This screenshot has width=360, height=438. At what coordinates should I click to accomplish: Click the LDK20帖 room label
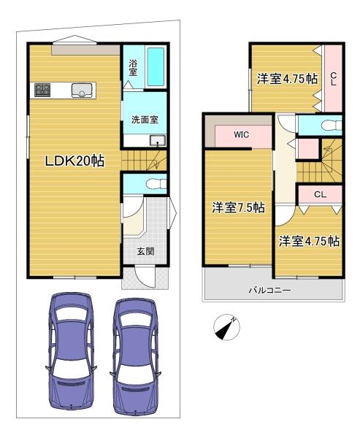click(75, 161)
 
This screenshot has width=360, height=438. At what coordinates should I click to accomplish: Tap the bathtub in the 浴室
click(156, 66)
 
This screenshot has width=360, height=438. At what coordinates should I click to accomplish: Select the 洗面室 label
click(145, 120)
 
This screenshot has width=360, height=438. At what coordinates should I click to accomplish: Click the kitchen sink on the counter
click(82, 91)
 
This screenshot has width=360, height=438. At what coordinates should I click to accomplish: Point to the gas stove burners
click(42, 91)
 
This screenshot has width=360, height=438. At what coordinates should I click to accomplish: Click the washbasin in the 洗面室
click(158, 141)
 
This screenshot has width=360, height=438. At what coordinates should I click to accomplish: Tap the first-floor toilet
click(156, 184)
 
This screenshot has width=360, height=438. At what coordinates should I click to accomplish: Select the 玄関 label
click(145, 251)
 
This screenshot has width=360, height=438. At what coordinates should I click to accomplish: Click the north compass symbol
click(226, 327)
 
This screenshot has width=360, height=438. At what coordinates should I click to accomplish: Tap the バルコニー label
click(269, 290)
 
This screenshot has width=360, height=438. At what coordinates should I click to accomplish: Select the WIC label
click(241, 134)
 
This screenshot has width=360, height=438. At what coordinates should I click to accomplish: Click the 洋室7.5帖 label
click(238, 208)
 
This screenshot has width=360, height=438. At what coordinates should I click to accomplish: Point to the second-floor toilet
click(332, 125)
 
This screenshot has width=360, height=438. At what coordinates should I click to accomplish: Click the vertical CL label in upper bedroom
click(333, 79)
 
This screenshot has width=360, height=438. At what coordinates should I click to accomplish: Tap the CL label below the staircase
click(320, 194)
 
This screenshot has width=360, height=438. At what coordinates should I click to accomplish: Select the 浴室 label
click(133, 68)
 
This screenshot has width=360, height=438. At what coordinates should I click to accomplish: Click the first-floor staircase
click(144, 161)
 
